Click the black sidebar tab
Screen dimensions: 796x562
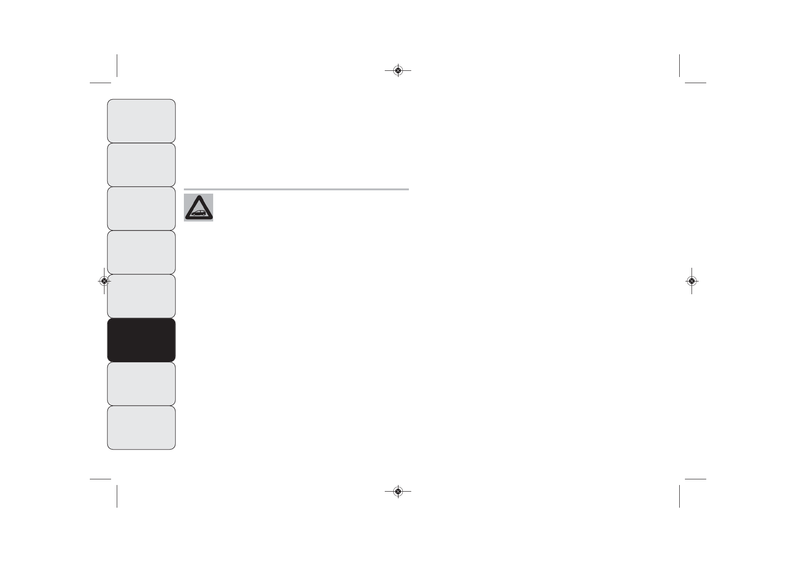point(141,340)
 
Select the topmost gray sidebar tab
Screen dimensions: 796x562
point(141,121)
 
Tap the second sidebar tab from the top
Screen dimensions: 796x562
point(141,165)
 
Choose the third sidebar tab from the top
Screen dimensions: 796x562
point(141,209)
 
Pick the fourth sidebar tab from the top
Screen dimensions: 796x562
point(141,253)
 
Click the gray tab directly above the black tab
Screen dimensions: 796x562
point(141,296)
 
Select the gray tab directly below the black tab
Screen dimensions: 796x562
point(141,384)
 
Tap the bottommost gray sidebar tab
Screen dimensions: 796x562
point(141,428)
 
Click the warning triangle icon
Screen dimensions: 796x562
point(199,208)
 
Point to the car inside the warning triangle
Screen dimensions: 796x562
point(199,212)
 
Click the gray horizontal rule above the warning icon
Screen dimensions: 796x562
point(296,189)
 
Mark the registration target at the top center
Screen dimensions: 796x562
point(398,70)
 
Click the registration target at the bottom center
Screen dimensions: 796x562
point(398,492)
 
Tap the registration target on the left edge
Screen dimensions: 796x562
point(104,281)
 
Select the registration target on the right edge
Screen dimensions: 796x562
point(692,281)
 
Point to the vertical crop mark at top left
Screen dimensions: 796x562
point(117,65)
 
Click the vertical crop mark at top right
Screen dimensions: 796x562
point(679,65)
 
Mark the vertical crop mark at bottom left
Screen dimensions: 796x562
point(117,496)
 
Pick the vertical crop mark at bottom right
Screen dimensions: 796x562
point(679,496)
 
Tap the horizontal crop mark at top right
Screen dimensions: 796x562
point(695,83)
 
